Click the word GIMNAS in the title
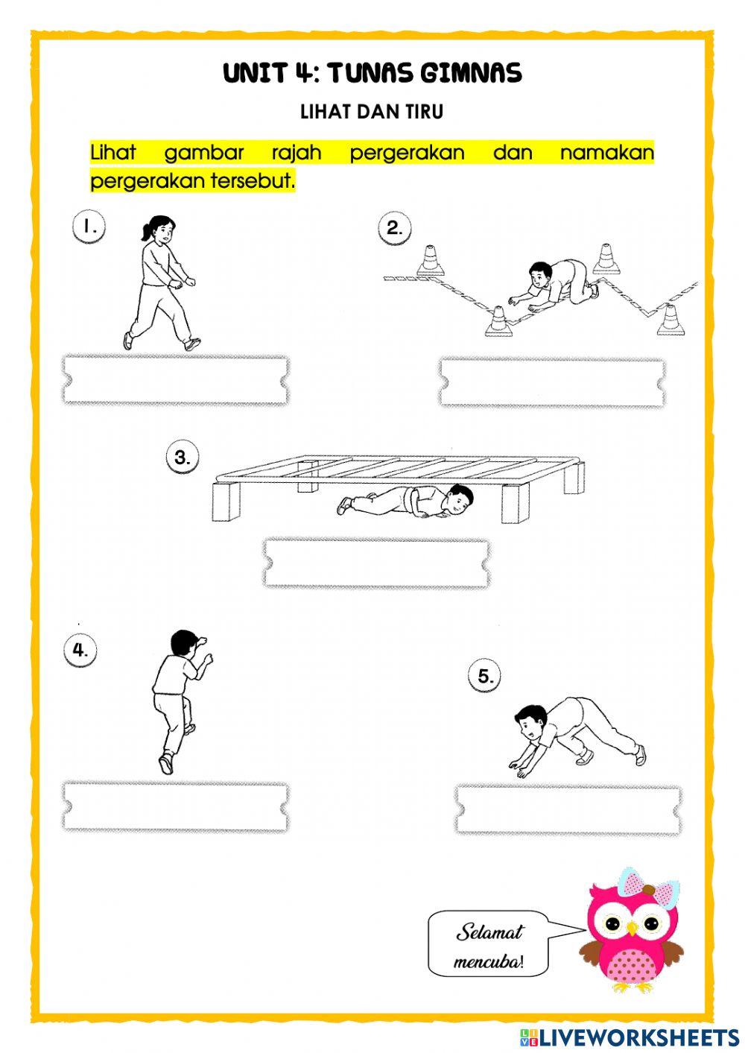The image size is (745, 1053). [471, 73]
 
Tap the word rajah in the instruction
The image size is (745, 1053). [297, 152]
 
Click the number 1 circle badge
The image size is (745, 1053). [89, 227]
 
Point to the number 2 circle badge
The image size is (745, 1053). [395, 229]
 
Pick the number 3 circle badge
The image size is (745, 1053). [183, 457]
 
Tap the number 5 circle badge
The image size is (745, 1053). [484, 676]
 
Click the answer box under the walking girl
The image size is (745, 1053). [175, 380]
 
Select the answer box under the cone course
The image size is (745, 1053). [553, 382]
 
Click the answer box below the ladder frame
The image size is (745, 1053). [376, 563]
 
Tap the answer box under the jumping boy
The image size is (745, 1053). [175, 806]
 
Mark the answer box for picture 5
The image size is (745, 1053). [568, 809]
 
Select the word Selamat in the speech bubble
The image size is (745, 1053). [489, 932]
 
